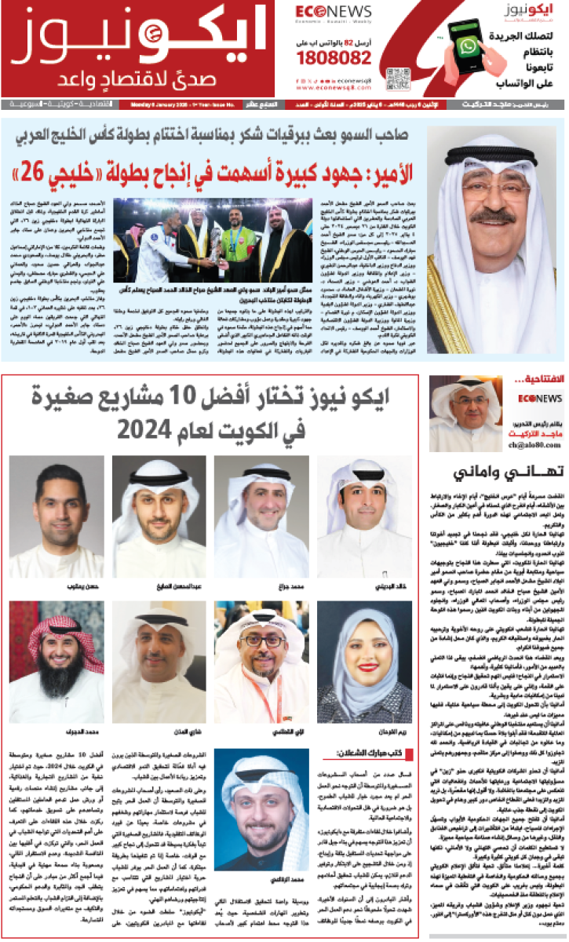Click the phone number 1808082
pos(341,59)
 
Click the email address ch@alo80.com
pos(511,445)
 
